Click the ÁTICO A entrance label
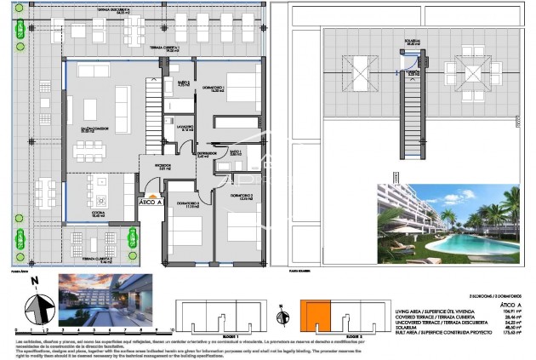(151, 203)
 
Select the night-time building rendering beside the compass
(105, 299)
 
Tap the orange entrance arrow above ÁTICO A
(151, 195)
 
